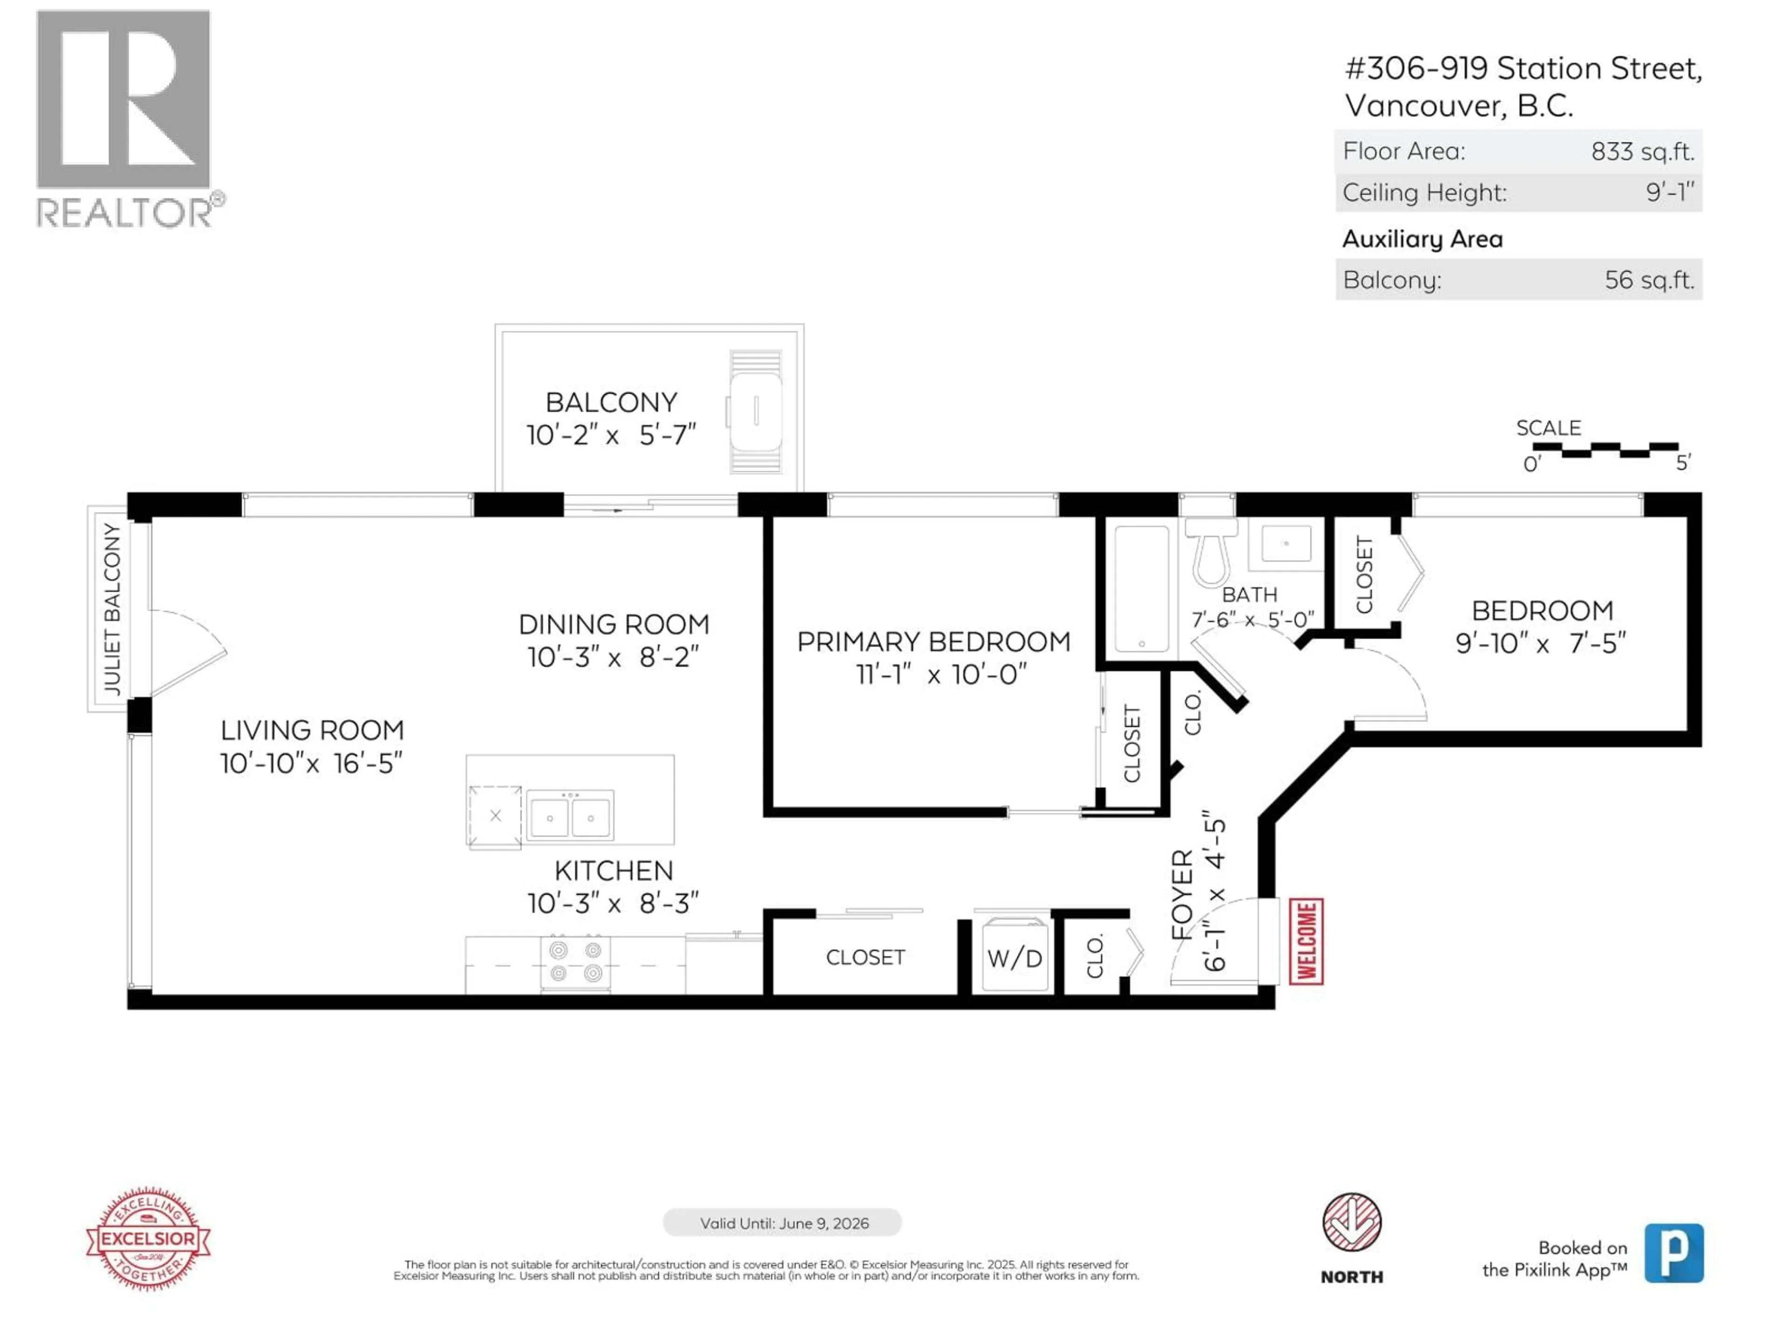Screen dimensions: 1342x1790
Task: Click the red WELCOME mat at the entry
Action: pyautogui.click(x=1305, y=942)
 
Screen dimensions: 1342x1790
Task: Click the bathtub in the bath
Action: pyautogui.click(x=1141, y=588)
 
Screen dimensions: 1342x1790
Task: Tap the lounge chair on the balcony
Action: pyautogui.click(x=755, y=412)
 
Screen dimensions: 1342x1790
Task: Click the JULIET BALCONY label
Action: pyautogui.click(x=112, y=608)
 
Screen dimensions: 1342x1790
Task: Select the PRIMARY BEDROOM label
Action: pyautogui.click(x=933, y=642)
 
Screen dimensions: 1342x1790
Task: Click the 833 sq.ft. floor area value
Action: pyautogui.click(x=1642, y=151)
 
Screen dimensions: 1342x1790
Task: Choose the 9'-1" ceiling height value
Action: pyautogui.click(x=1669, y=192)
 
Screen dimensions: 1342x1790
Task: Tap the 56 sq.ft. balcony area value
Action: pyautogui.click(x=1648, y=280)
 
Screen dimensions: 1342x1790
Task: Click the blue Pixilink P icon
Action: pyautogui.click(x=1673, y=1253)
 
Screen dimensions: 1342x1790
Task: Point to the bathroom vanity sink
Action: pyautogui.click(x=1285, y=544)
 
